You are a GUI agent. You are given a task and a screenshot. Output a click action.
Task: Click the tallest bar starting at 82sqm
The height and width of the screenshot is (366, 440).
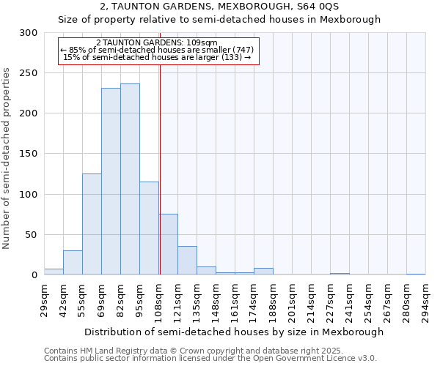(x=130, y=179)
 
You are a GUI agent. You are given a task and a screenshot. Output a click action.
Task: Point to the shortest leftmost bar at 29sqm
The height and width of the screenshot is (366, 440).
(x=54, y=272)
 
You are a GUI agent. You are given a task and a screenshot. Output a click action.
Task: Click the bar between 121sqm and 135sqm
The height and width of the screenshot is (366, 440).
(x=187, y=261)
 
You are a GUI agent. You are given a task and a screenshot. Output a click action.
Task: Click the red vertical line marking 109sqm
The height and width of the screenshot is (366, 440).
(x=160, y=168)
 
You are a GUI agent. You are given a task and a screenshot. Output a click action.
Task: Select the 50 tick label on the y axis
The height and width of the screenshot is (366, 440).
(x=32, y=235)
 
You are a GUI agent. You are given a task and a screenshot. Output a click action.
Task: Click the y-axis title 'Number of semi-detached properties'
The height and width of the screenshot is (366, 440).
(x=7, y=158)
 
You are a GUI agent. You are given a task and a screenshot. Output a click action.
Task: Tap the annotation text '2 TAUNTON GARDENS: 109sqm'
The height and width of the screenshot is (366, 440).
(x=157, y=42)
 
